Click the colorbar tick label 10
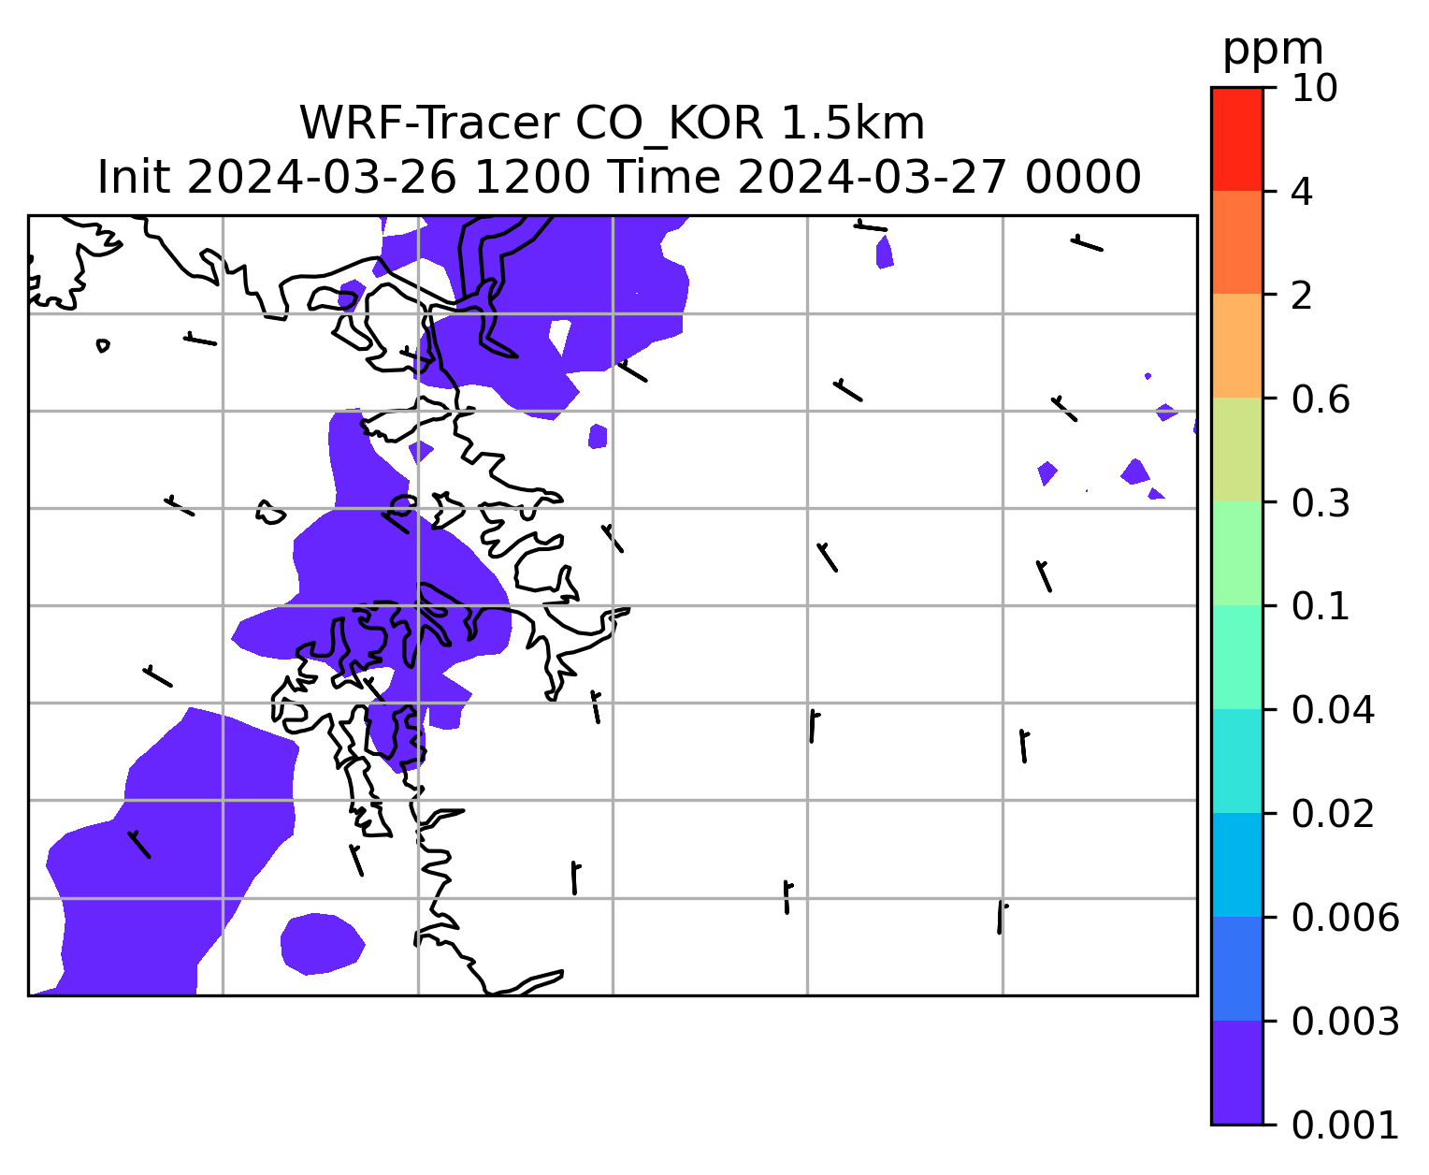click(x=1314, y=88)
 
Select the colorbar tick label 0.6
click(x=1320, y=399)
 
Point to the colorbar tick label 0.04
click(x=1332, y=709)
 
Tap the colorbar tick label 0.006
click(x=1344, y=918)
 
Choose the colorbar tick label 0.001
click(x=1344, y=1124)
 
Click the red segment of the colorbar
click(x=1236, y=138)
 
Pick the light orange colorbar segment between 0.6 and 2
click(x=1236, y=345)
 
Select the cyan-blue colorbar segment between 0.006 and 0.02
click(x=1236, y=864)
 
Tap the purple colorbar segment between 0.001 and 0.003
click(x=1236, y=1072)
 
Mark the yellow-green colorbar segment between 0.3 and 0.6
click(x=1236, y=449)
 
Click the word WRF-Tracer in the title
click(x=429, y=123)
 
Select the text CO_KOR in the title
click(x=670, y=124)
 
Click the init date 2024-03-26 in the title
click(x=323, y=178)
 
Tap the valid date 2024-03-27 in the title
click(x=873, y=178)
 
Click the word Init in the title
click(x=134, y=178)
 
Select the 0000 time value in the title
click(x=1083, y=178)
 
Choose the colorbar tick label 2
click(x=1302, y=296)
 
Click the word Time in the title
click(x=665, y=178)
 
